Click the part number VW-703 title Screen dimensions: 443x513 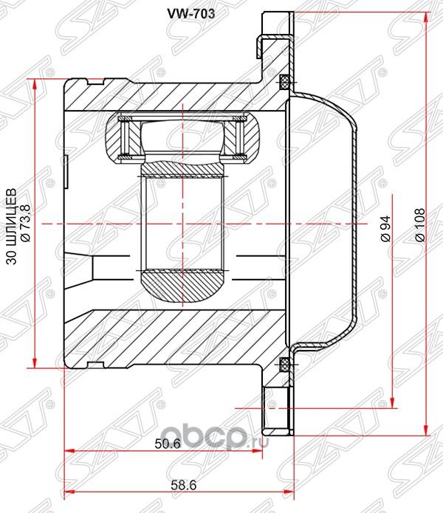tap(191, 13)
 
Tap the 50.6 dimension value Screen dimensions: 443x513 tap(168, 444)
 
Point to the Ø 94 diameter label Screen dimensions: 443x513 tap(385, 228)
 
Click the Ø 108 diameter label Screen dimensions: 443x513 tap(419, 225)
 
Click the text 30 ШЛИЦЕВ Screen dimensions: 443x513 tap(12, 227)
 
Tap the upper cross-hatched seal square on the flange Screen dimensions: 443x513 tap(284, 82)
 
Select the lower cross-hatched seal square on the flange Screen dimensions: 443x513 tap(284, 365)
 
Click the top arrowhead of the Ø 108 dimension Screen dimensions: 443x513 tap(426, 16)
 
